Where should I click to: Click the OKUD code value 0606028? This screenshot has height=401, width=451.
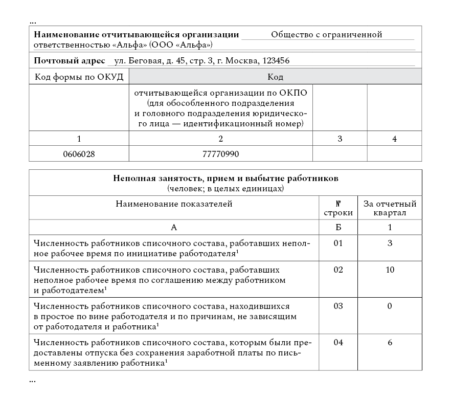(x=79, y=154)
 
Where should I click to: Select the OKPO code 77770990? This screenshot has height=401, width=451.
(x=221, y=154)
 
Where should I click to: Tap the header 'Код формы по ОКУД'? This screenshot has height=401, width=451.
(x=79, y=77)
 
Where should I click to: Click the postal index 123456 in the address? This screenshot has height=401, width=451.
(x=276, y=60)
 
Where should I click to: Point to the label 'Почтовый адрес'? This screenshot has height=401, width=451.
(x=69, y=60)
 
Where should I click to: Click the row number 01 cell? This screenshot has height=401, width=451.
(x=337, y=243)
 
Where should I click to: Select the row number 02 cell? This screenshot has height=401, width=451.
(x=337, y=270)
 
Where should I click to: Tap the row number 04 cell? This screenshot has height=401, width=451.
(x=337, y=343)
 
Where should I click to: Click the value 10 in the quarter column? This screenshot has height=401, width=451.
(x=390, y=270)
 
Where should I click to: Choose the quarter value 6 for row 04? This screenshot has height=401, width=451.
(x=390, y=343)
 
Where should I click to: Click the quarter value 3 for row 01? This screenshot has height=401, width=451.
(x=390, y=243)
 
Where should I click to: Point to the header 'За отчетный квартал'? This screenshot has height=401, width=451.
(x=390, y=208)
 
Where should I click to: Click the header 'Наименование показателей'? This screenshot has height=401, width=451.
(x=174, y=205)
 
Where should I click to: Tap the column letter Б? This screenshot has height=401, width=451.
(x=337, y=227)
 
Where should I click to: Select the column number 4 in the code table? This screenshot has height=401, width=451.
(x=394, y=139)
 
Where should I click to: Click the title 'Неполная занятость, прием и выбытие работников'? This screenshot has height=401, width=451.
(x=225, y=179)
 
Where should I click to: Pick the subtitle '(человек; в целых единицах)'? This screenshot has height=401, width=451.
(x=225, y=188)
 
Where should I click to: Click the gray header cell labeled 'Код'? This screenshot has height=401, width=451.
(x=276, y=77)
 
